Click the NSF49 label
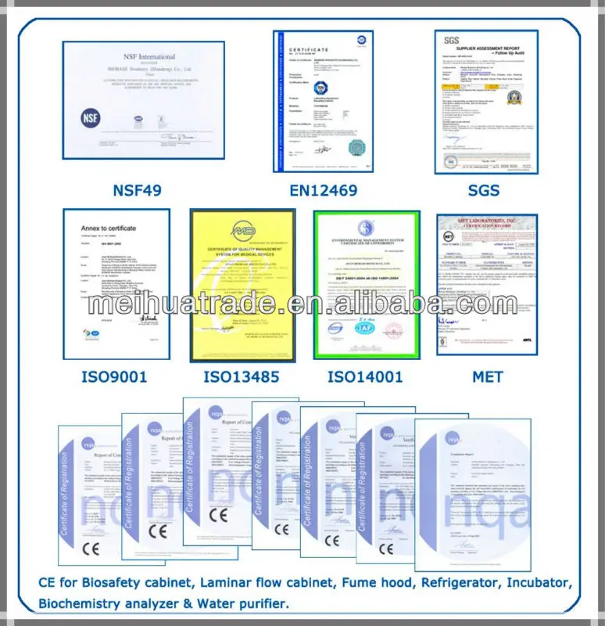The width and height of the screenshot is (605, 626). coord(143,190)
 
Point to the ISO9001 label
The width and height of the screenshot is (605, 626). coord(114,377)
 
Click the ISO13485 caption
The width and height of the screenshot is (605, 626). coord(242,377)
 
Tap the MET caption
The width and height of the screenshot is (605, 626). coord(487,377)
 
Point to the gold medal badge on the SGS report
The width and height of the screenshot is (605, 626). coord(514,97)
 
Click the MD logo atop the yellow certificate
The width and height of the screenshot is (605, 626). coord(243,232)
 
